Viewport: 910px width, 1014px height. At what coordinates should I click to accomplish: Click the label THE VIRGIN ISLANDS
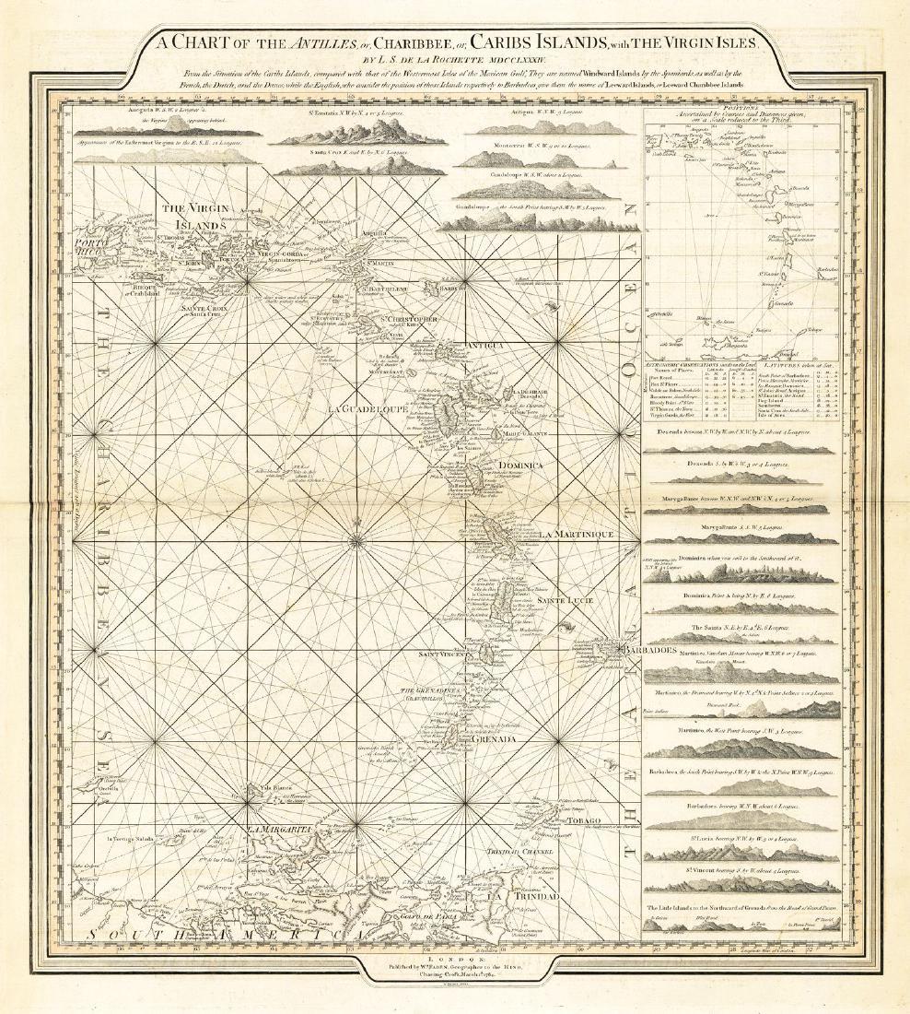coord(194,217)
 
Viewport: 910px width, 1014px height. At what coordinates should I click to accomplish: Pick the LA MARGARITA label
coord(274,830)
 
